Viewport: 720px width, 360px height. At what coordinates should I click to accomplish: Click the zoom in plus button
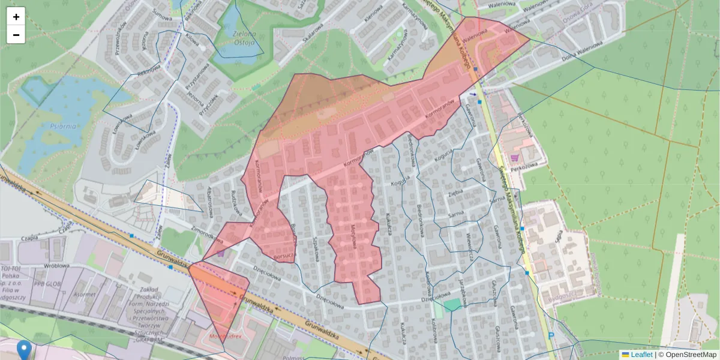16,16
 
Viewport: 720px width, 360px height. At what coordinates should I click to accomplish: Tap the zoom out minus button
16,35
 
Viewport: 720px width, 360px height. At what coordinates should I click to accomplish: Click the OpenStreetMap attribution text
687,355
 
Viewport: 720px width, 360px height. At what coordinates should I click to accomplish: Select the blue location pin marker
24,349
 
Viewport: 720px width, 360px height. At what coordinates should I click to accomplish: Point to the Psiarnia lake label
63,126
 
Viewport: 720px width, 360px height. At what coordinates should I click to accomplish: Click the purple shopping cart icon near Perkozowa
514,158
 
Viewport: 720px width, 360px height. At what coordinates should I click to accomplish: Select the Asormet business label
84,294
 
